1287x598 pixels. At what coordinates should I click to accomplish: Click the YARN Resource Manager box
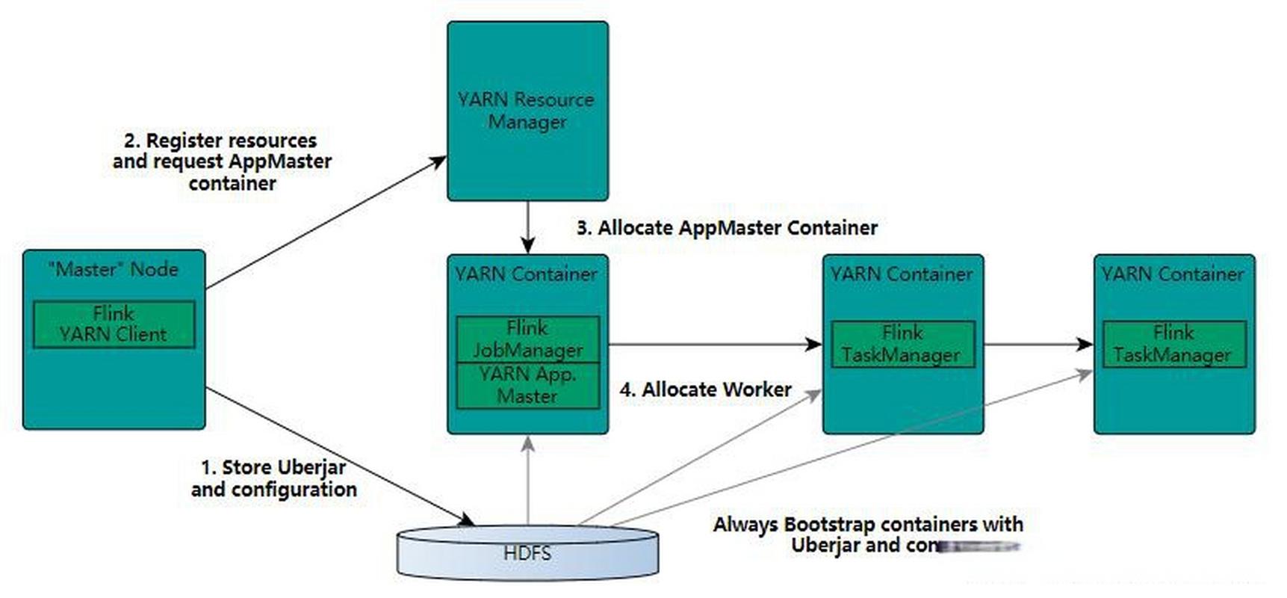527,111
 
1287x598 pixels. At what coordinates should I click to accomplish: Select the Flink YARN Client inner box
114,324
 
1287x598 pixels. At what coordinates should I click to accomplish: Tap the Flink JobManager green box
527,339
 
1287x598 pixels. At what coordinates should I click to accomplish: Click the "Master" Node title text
114,270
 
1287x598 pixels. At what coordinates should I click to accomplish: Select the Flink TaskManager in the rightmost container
1173,344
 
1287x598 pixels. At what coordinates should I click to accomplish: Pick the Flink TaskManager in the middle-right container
902,344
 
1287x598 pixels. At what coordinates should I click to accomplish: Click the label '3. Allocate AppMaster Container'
727,228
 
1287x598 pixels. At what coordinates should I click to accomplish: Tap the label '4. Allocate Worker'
705,390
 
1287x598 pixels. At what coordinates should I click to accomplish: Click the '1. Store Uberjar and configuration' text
273,478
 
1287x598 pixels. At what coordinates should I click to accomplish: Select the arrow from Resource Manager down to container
527,226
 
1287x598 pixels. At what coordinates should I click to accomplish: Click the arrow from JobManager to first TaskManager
715,345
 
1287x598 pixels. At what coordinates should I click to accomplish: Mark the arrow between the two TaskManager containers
1038,345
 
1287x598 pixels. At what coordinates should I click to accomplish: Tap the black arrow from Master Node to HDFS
340,457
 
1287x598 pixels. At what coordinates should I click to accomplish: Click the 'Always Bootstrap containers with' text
868,525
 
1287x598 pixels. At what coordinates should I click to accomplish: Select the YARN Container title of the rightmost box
1173,274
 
